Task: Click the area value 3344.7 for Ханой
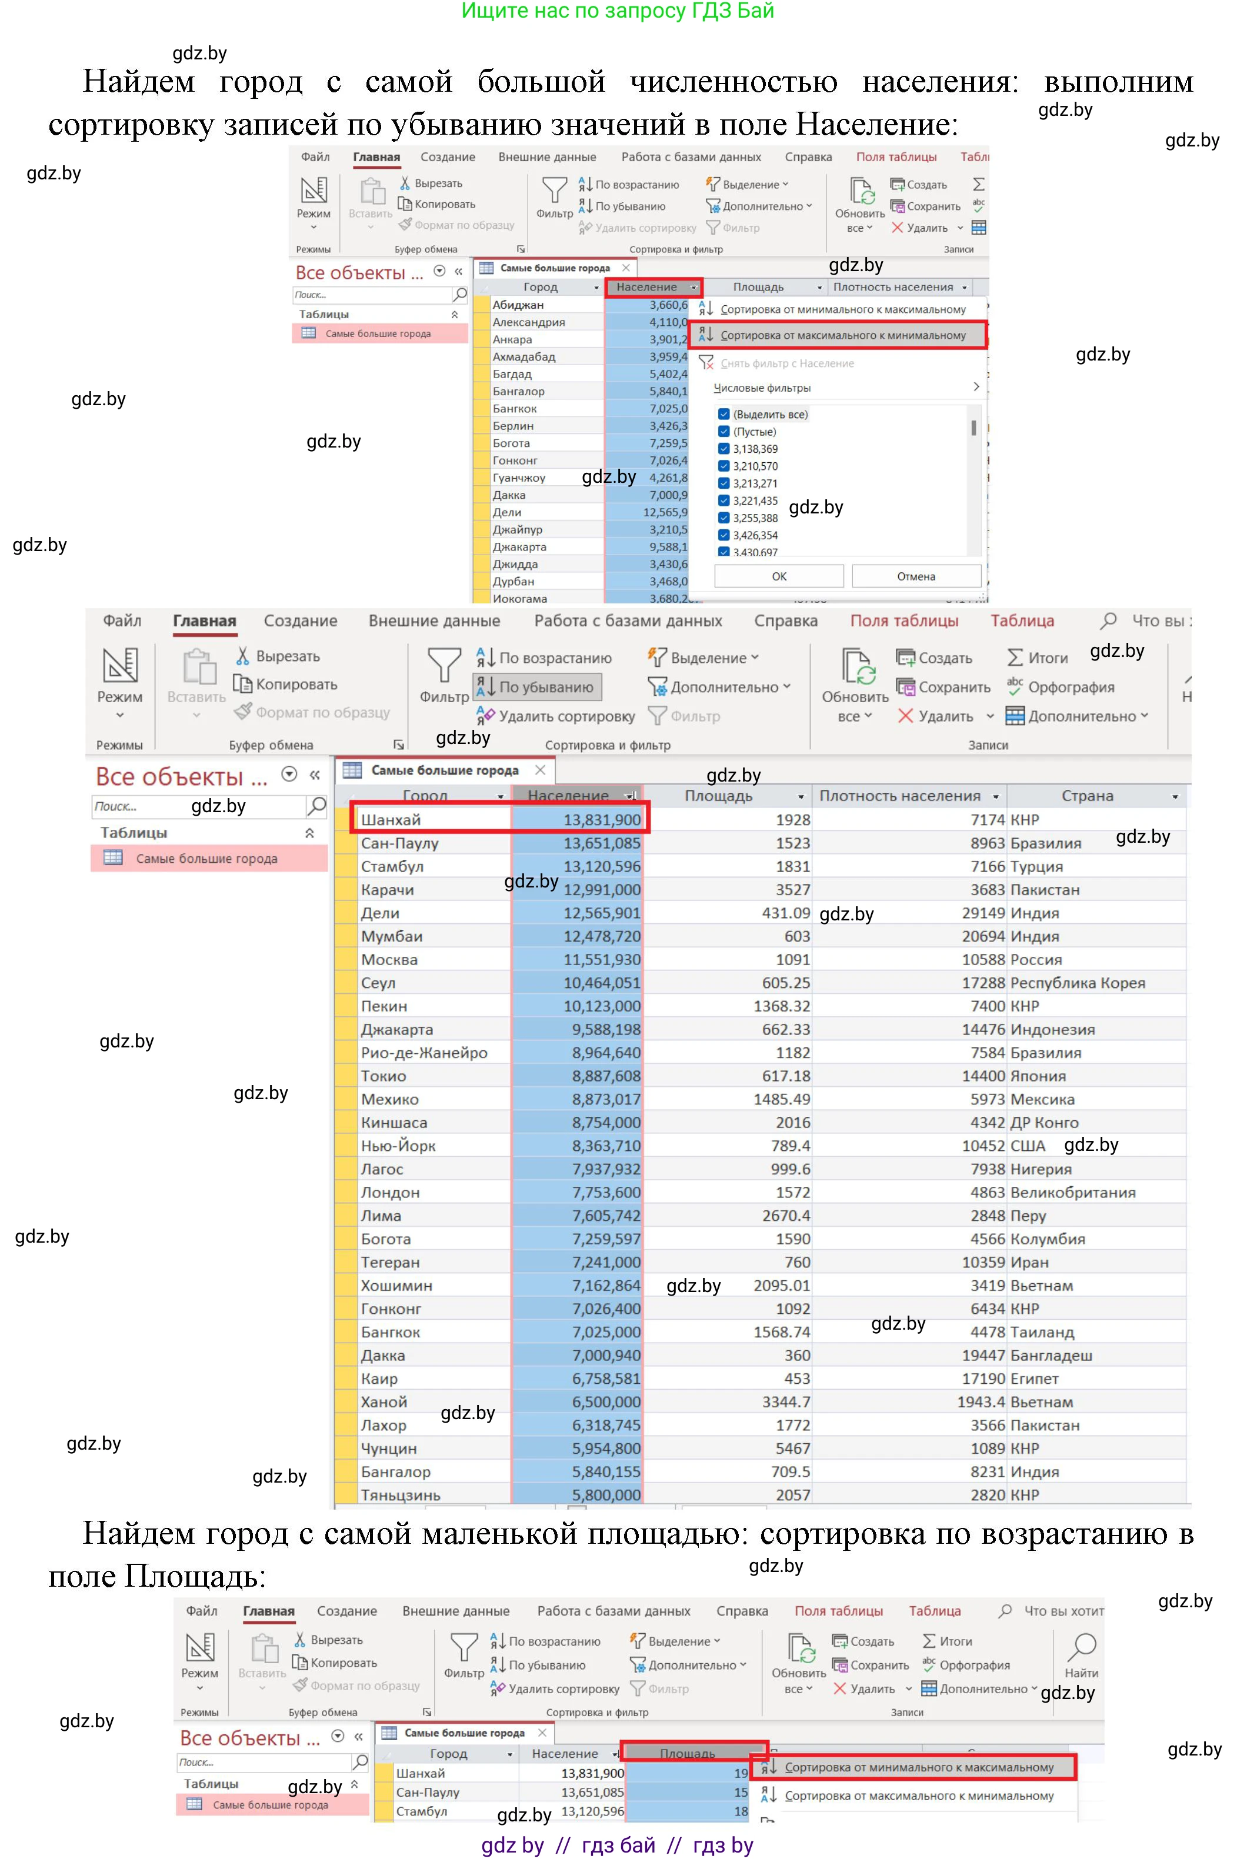point(785,1401)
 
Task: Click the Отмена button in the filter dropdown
point(915,576)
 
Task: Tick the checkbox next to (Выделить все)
point(723,414)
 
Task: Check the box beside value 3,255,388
point(723,518)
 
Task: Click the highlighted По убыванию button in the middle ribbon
point(538,687)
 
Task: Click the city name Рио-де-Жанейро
point(424,1052)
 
